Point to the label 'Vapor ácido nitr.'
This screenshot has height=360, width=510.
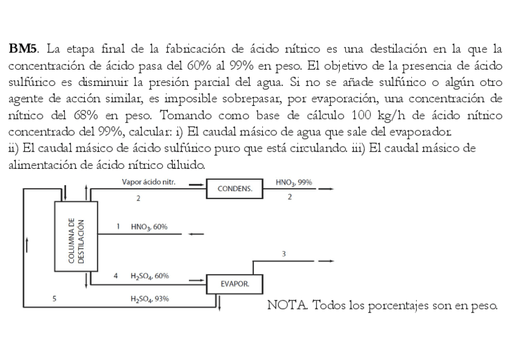click(148, 181)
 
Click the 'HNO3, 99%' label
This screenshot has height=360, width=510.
click(293, 181)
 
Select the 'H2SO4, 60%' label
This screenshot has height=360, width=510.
click(149, 275)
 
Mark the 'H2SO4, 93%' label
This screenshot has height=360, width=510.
click(149, 298)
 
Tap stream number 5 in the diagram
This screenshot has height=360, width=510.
click(55, 298)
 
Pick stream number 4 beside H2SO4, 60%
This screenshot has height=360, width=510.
click(115, 275)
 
